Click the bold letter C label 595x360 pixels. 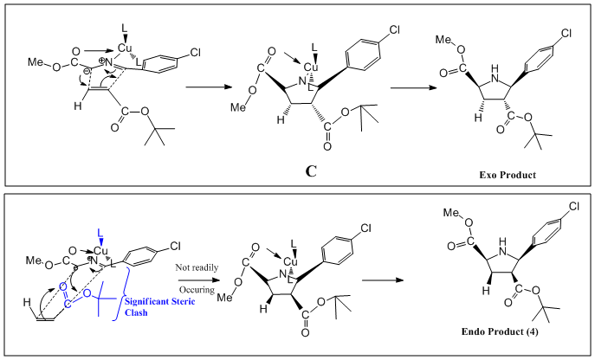(311, 170)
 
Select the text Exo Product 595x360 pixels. (508, 175)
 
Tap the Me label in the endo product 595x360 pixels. (449, 213)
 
